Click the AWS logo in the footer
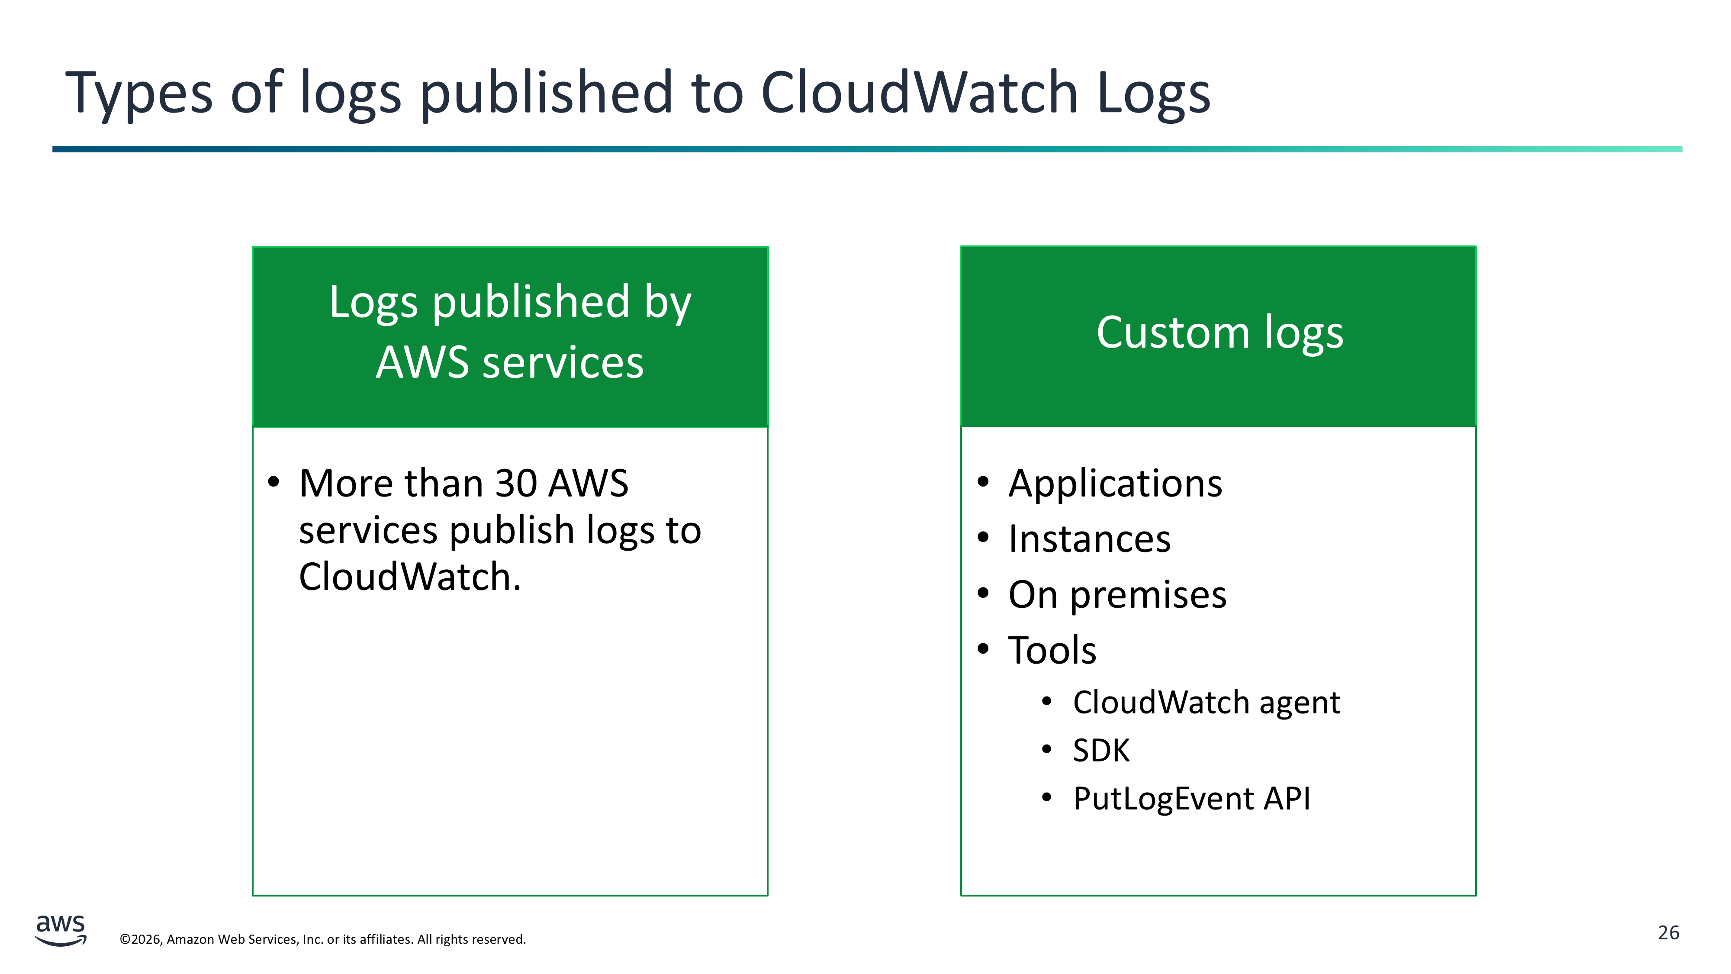click(x=61, y=930)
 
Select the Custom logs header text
click(x=1219, y=333)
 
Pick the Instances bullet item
click(x=1089, y=539)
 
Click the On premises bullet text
click(x=1117, y=595)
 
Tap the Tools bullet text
click(x=1052, y=651)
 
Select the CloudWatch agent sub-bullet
click(x=1206, y=703)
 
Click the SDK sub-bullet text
click(x=1100, y=751)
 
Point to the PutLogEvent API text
click(x=1191, y=799)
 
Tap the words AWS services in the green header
click(x=509, y=363)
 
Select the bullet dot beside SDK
click(x=1046, y=749)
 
